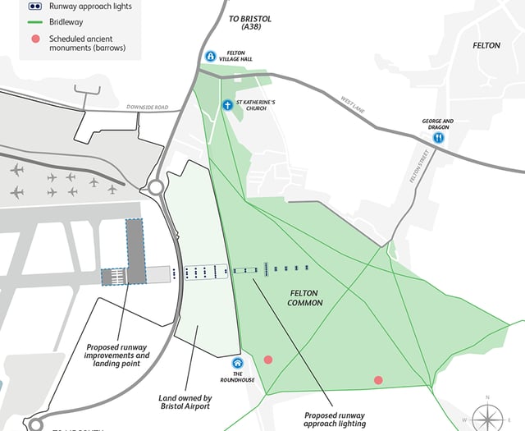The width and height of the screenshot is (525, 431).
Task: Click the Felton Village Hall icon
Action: [211, 57]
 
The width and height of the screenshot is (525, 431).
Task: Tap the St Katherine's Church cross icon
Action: [227, 105]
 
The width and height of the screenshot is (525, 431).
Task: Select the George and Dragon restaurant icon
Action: [439, 138]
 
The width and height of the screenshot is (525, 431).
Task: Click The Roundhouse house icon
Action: [238, 363]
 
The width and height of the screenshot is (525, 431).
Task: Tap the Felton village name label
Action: [486, 45]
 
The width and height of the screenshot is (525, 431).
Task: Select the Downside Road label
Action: [147, 108]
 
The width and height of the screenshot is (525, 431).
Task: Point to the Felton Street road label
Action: [413, 167]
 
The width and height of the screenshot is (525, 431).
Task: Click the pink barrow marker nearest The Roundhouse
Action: [268, 360]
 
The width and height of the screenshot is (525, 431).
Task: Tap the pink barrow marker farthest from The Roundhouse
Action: [378, 380]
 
